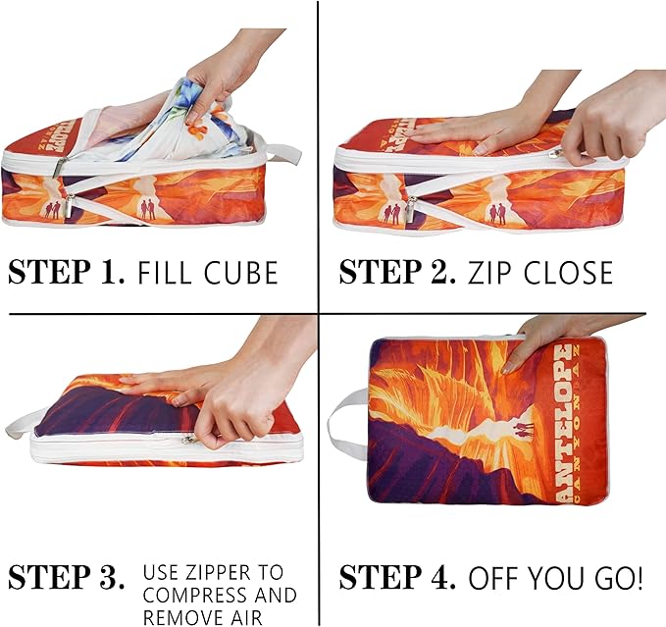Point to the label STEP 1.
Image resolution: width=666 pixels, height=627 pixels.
pos(65,272)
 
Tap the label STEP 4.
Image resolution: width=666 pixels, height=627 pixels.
pos(398,579)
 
